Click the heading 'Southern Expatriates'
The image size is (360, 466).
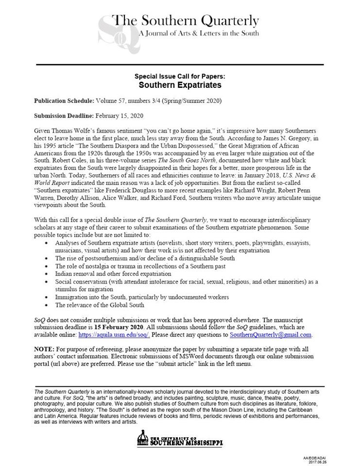tap(180, 85)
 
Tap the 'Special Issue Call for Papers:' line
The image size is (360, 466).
tap(180, 77)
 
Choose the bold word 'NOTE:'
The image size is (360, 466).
tap(45, 349)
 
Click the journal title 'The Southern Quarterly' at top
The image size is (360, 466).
tap(186, 21)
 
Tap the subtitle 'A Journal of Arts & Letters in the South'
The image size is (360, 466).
tap(199, 33)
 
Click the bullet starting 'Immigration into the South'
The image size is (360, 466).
tap(141, 297)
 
